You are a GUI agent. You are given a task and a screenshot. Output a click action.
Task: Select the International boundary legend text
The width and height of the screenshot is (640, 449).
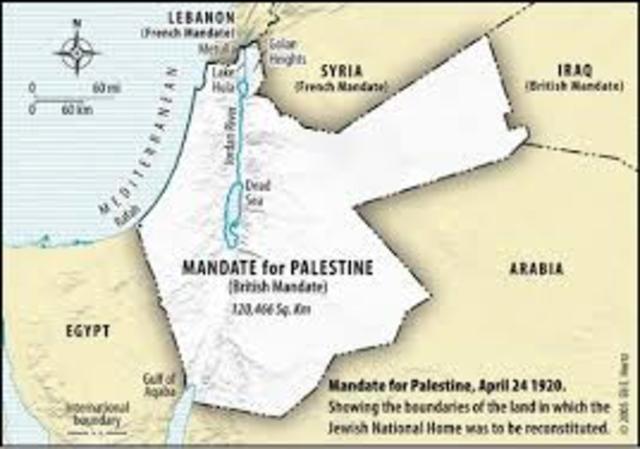click(x=97, y=414)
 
